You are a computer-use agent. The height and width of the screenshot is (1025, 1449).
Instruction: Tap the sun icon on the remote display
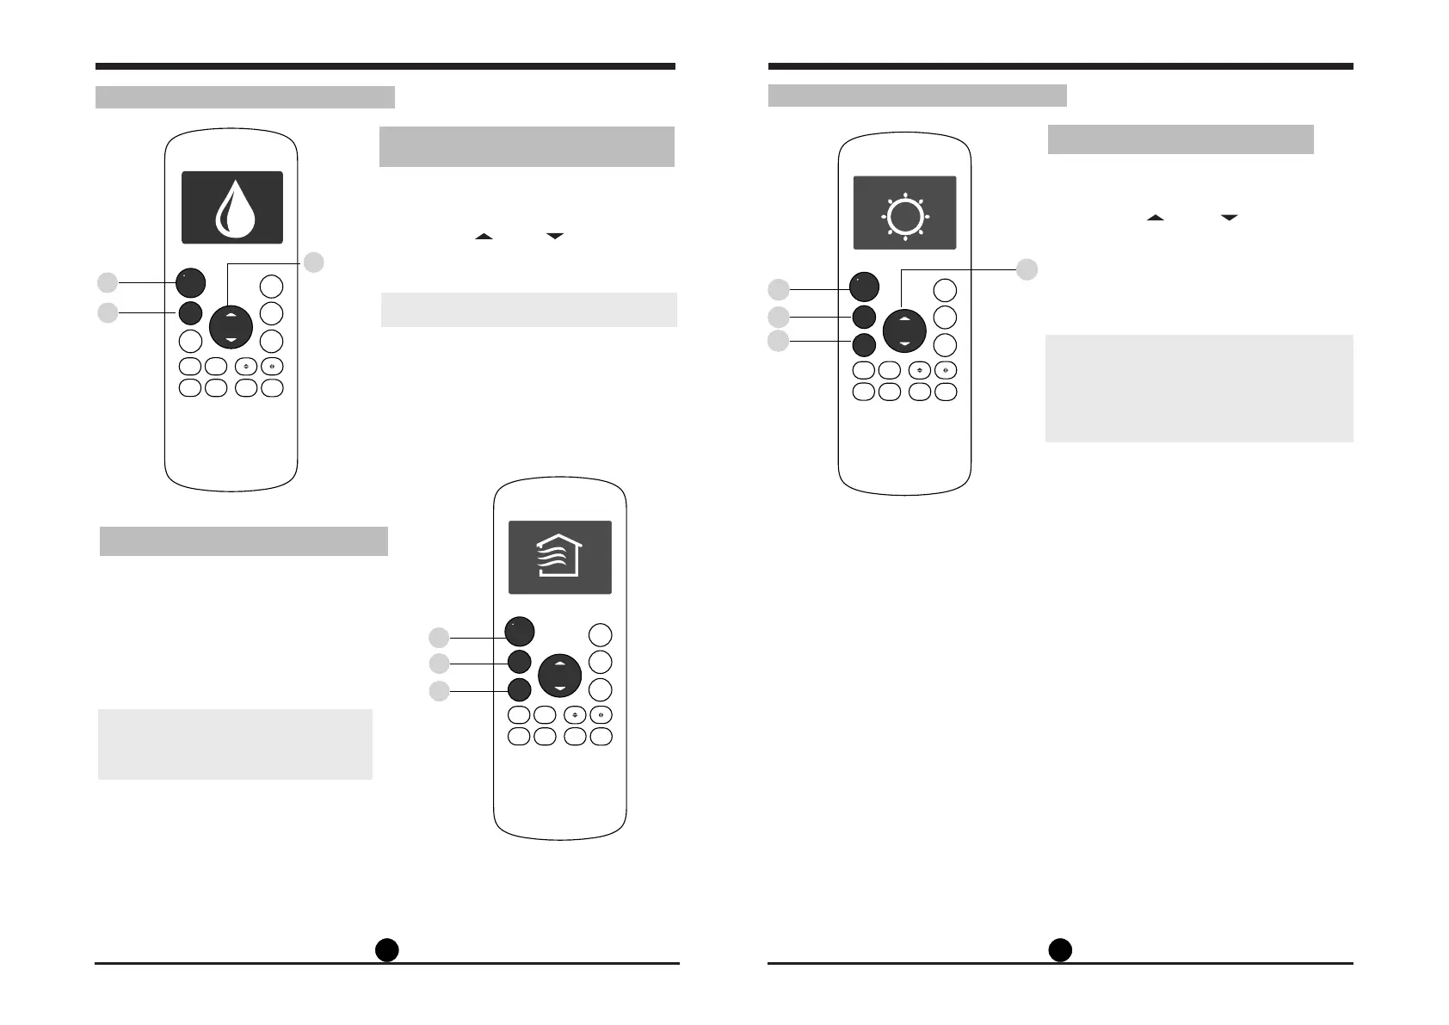coord(904,216)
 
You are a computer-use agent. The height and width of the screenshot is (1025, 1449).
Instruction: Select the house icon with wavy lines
coord(560,556)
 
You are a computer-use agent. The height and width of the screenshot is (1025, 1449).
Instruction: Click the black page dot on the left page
coord(387,948)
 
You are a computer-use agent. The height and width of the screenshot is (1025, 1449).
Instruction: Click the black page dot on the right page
coord(1060,949)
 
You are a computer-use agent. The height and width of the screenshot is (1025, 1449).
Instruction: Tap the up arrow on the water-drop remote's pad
coord(231,316)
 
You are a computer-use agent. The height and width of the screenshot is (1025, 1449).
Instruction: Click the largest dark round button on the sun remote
coord(864,287)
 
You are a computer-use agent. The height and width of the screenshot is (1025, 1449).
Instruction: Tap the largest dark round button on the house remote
coord(520,632)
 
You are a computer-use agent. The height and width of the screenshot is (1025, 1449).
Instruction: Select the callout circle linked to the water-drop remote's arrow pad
coord(314,262)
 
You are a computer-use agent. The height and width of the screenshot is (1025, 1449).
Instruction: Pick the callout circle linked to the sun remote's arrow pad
coord(1027,269)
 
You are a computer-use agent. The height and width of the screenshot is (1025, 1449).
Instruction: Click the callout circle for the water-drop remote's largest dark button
coord(107,282)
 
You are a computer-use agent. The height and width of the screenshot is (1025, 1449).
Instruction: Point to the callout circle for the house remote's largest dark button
coord(439,638)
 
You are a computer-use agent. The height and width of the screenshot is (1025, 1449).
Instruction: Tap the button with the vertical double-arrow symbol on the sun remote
coord(920,371)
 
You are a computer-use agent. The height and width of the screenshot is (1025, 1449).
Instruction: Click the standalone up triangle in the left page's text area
coord(484,236)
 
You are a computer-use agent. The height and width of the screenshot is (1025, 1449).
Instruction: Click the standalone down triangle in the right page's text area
coord(1229,219)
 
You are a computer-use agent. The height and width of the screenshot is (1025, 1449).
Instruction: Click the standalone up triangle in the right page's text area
coord(1155,219)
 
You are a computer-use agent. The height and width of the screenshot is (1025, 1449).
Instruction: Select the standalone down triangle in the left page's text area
coord(554,236)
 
